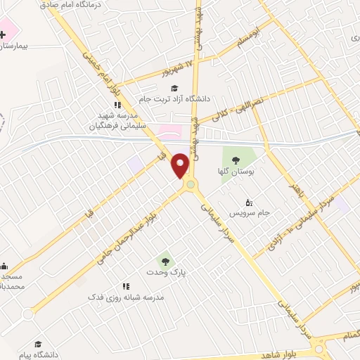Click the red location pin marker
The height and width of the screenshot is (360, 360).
coord(181,165)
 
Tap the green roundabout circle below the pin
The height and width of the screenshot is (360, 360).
coord(190,186)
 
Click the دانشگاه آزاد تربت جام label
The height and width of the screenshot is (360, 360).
coord(176,99)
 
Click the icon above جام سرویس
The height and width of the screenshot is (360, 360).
coord(250,201)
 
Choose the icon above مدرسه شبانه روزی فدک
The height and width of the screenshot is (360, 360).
coord(126,287)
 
